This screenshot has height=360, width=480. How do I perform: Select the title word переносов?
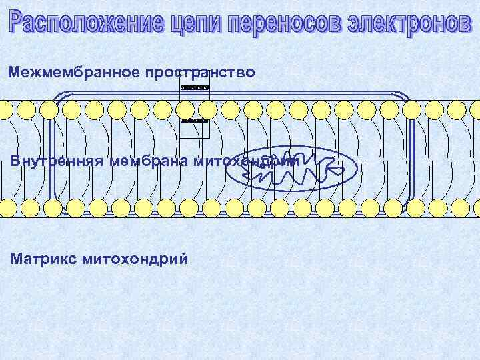(280, 23)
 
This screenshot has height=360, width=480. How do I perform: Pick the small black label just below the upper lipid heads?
(195, 120)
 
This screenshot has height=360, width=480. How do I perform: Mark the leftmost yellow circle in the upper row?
(5, 110)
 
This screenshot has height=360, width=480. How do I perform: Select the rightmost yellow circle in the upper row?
(474, 110)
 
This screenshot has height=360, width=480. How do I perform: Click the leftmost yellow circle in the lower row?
(9, 209)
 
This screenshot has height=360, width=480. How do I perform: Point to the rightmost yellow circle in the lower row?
(474, 209)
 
